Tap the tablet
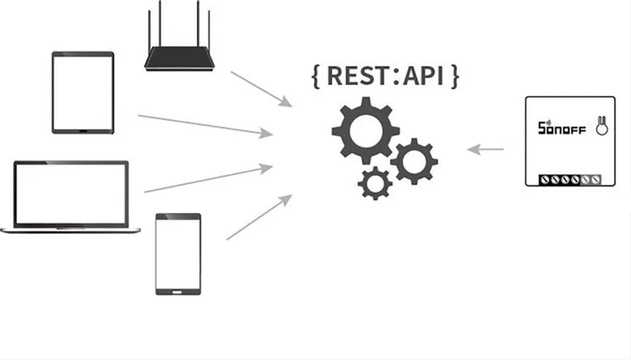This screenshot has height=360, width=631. (x=83, y=92)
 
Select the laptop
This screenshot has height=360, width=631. (x=70, y=197)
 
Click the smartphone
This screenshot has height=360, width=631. (x=178, y=253)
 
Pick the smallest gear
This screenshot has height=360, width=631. (x=375, y=183)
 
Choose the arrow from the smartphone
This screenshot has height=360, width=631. (x=259, y=217)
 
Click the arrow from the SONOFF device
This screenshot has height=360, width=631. (x=486, y=149)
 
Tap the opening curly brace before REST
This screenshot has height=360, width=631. (x=316, y=76)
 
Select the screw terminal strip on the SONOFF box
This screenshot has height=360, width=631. (x=569, y=179)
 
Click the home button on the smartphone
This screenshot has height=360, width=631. (x=178, y=290)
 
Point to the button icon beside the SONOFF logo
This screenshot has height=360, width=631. (x=600, y=126)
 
